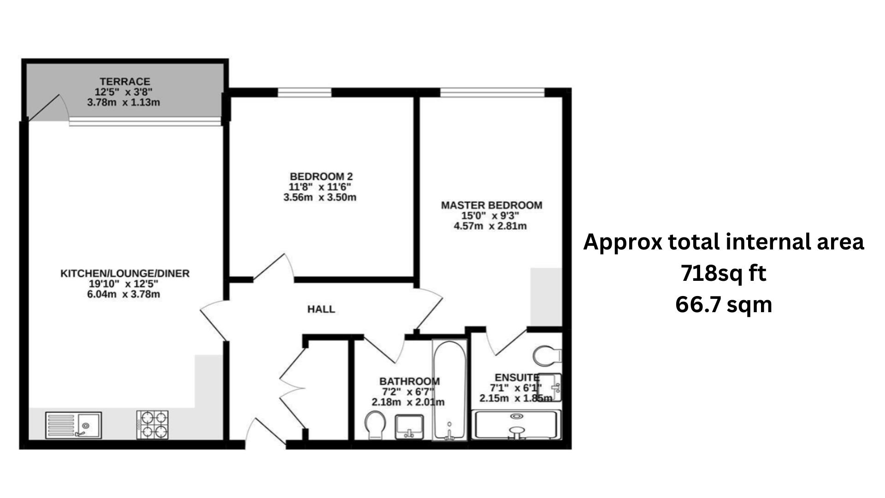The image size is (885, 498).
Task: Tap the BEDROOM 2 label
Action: [321, 177]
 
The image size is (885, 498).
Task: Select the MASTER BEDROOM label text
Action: [491, 205]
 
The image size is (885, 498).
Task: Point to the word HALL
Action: [321, 309]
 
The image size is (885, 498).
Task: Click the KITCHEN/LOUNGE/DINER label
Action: [125, 273]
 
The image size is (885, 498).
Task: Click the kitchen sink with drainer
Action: [74, 425]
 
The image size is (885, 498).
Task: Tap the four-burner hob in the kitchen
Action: [153, 425]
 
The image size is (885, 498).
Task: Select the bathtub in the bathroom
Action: [449, 390]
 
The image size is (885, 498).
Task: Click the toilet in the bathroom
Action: [374, 425]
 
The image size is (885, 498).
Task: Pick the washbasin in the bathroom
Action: [409, 427]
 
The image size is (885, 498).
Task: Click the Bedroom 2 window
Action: [305, 93]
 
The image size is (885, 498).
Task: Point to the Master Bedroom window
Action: [493, 93]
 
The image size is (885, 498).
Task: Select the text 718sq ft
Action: [723, 273]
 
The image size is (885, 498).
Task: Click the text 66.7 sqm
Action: [723, 305]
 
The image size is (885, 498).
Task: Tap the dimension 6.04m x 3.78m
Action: [124, 294]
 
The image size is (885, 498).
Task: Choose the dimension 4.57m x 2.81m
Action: [490, 226]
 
